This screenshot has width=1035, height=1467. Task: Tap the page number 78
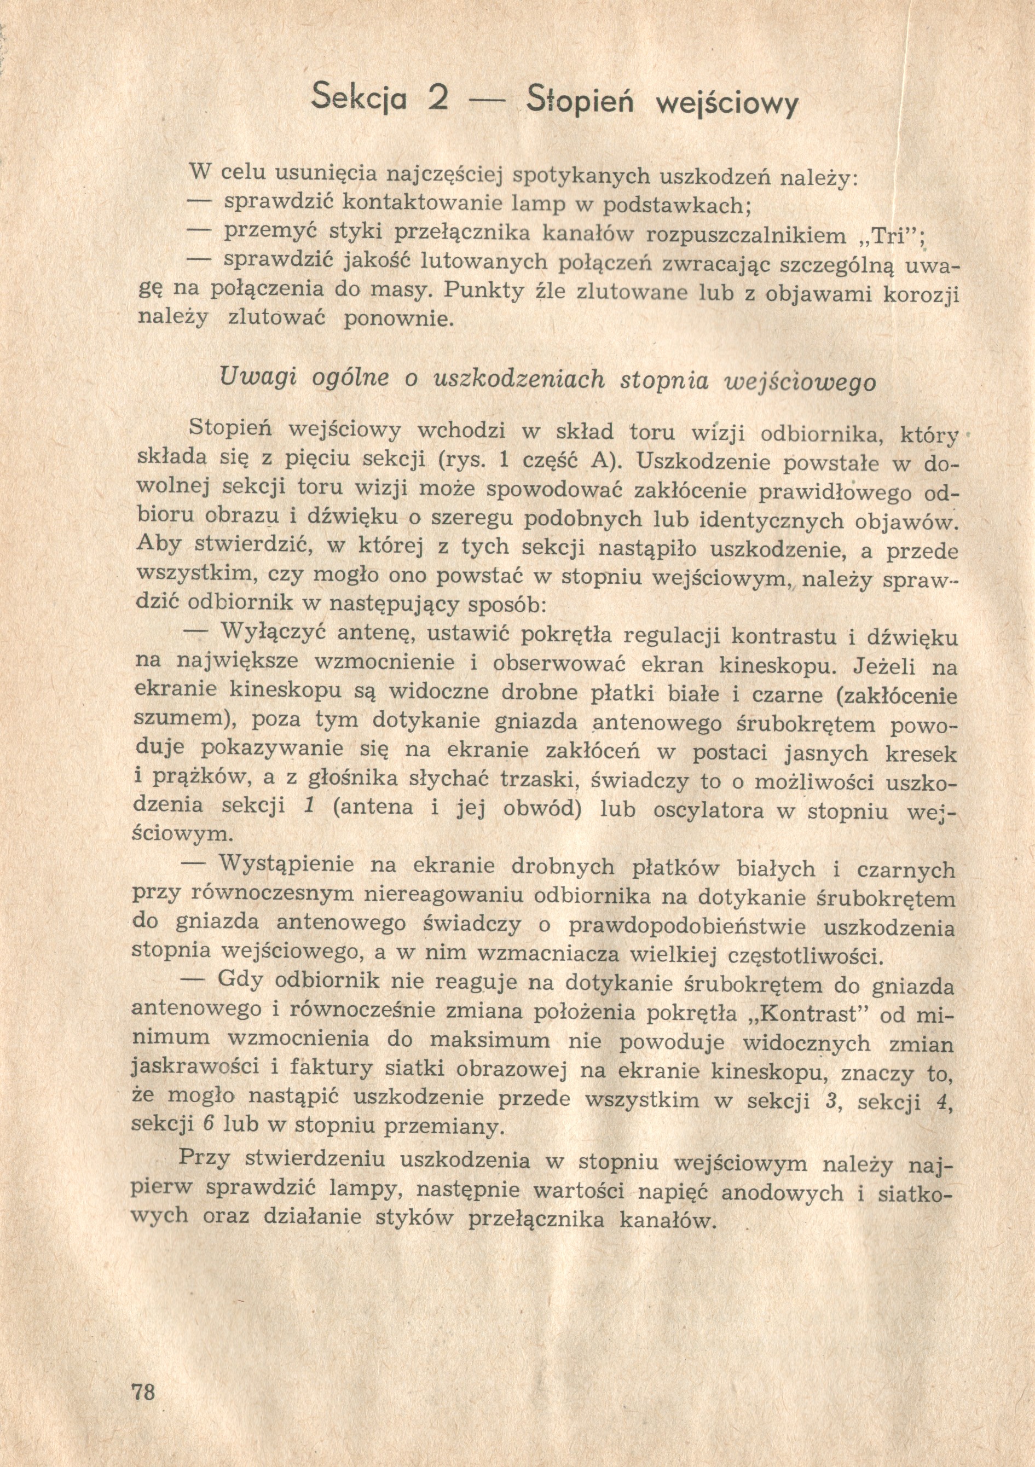click(142, 1387)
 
